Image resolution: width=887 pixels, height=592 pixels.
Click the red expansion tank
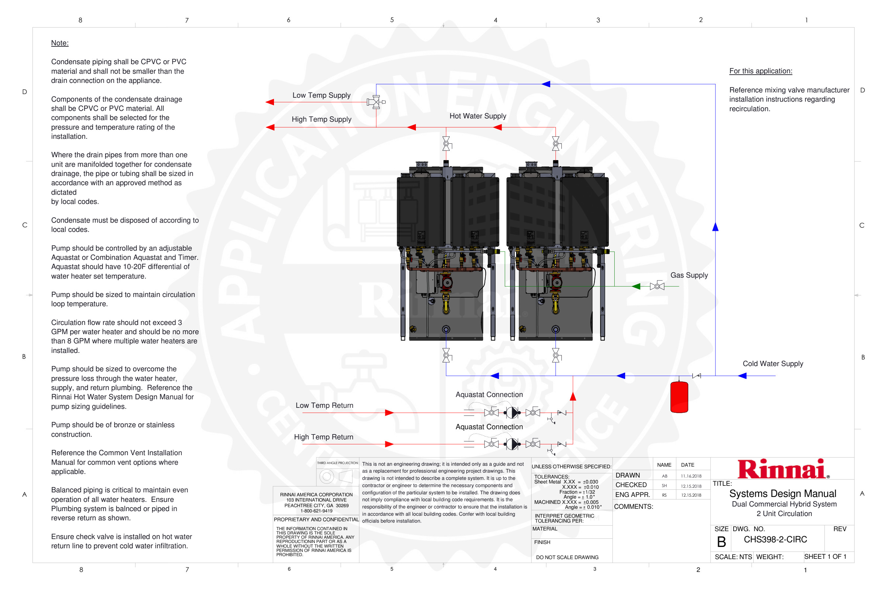click(x=679, y=397)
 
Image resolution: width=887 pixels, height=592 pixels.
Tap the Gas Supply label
click(x=689, y=275)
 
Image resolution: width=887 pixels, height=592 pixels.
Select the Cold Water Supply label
click(x=772, y=363)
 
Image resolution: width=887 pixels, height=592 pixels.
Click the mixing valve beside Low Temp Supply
click(x=375, y=102)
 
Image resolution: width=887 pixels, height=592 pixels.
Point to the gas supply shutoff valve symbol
click(x=657, y=286)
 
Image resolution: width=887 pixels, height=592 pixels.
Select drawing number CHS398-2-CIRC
click(x=775, y=539)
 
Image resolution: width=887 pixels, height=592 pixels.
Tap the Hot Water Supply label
click(x=477, y=116)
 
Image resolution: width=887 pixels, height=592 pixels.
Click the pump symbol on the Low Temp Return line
click(x=512, y=413)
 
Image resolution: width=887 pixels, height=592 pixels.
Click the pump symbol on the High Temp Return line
click(x=512, y=444)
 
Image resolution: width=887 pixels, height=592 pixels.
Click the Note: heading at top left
click(x=59, y=43)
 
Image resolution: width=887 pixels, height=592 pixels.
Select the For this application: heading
click(x=760, y=71)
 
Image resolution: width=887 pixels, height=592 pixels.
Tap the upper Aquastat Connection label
click(x=489, y=395)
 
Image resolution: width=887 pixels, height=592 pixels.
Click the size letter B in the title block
click(x=721, y=542)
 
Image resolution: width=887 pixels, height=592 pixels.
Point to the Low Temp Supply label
click(x=321, y=95)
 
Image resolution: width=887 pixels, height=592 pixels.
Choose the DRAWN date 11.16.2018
click(x=691, y=476)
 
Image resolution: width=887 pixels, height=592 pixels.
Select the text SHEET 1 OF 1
click(x=825, y=556)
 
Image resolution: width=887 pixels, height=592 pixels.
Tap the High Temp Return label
click(x=324, y=437)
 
